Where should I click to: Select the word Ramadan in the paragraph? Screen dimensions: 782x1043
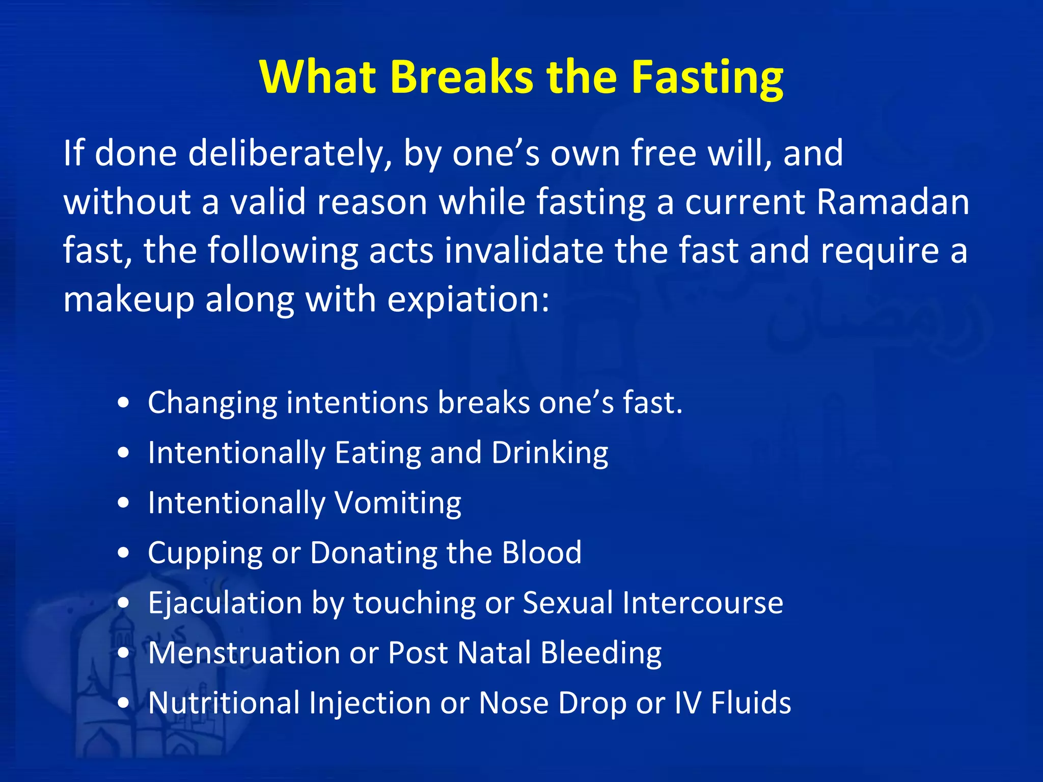pyautogui.click(x=892, y=202)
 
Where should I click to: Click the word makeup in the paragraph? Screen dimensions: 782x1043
pyautogui.click(x=129, y=299)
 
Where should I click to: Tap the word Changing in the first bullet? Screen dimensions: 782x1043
pyautogui.click(x=212, y=403)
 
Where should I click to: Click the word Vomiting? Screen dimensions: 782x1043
pyautogui.click(x=398, y=503)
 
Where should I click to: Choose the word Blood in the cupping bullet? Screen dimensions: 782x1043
pyautogui.click(x=541, y=552)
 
